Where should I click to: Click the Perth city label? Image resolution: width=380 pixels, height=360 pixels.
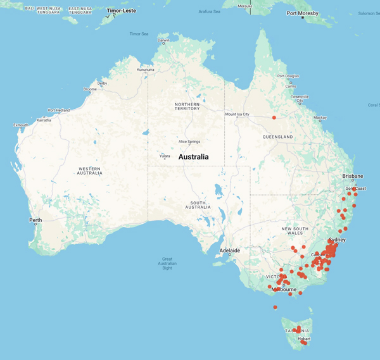(x=35, y=220)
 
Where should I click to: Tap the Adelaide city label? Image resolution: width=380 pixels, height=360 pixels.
(x=229, y=251)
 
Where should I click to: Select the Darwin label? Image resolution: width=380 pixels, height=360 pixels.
(x=163, y=40)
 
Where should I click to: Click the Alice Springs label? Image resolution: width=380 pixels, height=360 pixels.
(x=189, y=142)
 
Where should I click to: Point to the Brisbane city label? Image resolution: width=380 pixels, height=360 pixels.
(x=353, y=176)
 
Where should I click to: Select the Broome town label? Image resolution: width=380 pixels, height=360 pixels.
(x=89, y=89)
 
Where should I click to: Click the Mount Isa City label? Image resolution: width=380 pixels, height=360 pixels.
(x=237, y=115)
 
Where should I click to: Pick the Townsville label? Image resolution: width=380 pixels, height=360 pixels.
(x=300, y=97)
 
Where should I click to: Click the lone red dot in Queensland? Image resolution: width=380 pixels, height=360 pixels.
(x=274, y=117)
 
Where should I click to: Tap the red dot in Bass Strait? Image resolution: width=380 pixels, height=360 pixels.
(x=275, y=307)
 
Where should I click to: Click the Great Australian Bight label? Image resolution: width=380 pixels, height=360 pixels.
(x=168, y=263)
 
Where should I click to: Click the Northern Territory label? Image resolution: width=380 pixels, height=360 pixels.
(x=187, y=106)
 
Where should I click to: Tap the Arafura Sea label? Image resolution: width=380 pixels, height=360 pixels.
(x=208, y=11)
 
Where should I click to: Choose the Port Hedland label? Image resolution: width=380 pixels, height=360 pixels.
(x=60, y=110)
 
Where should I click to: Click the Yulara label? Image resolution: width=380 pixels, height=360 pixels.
(x=165, y=156)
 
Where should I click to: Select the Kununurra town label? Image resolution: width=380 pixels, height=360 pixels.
(x=145, y=70)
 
